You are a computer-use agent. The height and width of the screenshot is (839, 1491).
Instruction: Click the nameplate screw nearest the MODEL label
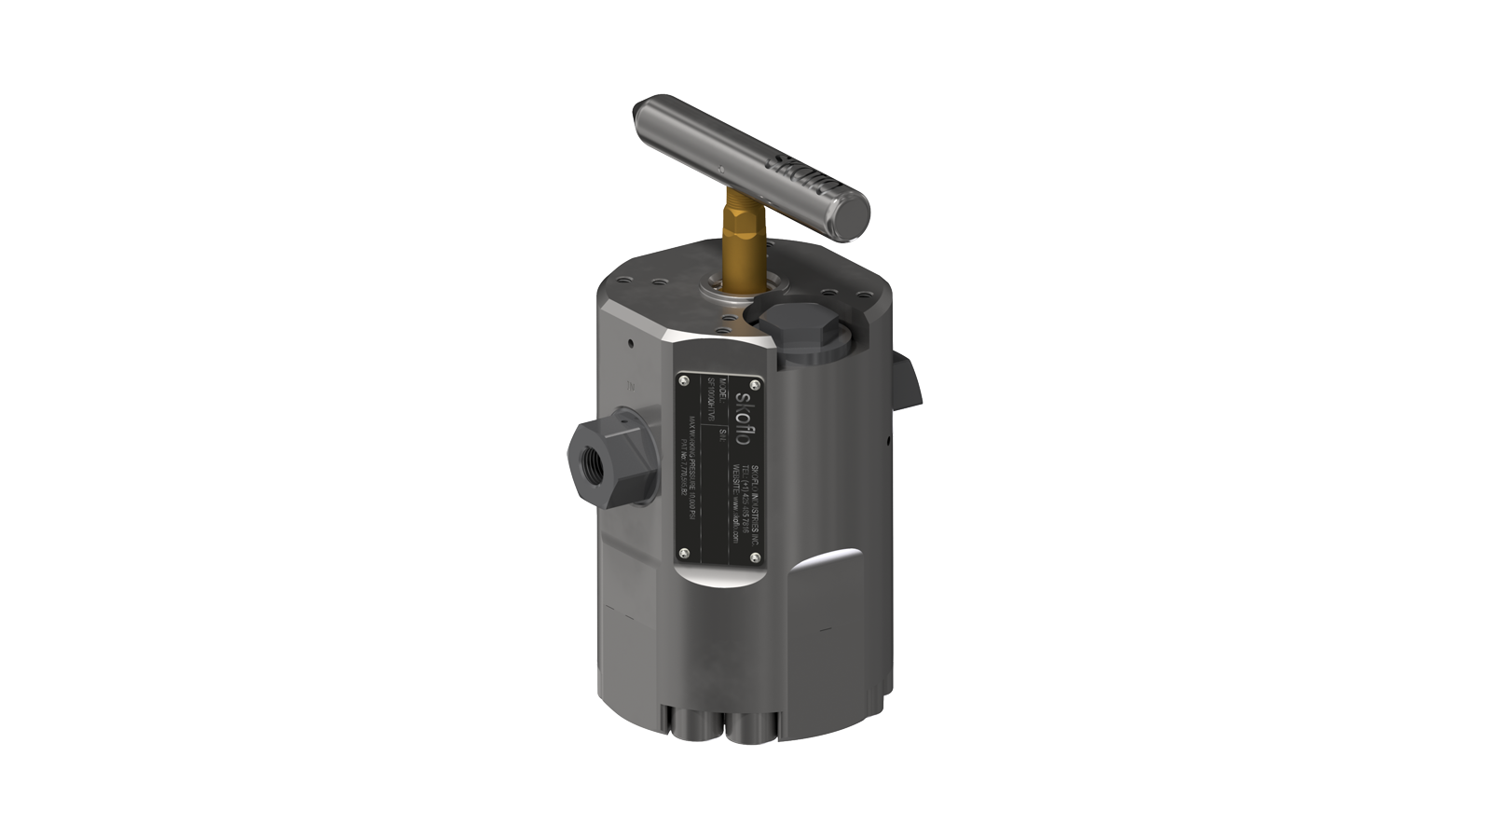tap(684, 380)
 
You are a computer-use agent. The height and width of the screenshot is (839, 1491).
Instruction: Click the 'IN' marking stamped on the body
tap(631, 384)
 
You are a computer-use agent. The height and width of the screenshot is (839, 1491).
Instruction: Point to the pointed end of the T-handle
tap(641, 112)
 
